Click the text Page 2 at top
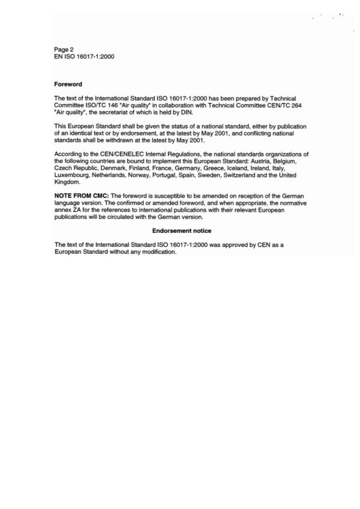(63, 50)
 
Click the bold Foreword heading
(68, 84)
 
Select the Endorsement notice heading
(181, 231)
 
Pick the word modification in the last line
(157, 252)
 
